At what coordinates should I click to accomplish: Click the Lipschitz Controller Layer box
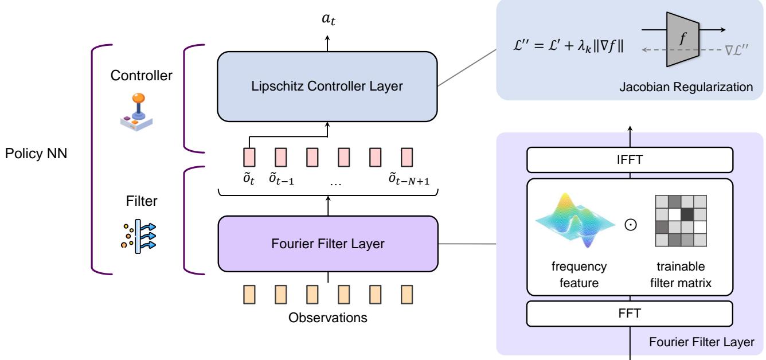pyautogui.click(x=327, y=87)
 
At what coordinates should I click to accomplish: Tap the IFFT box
pyautogui.click(x=630, y=159)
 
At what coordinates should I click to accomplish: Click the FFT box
pyautogui.click(x=630, y=314)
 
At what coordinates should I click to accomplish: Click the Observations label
pyautogui.click(x=327, y=317)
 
